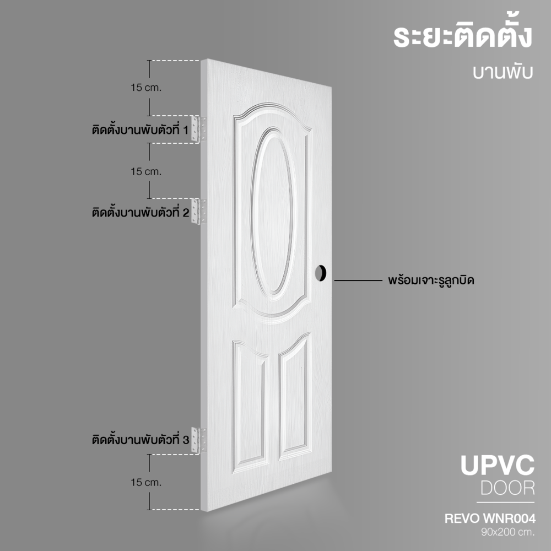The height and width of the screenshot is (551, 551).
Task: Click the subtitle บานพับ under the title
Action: coord(503,72)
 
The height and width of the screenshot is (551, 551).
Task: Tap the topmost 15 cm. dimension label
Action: coord(146,88)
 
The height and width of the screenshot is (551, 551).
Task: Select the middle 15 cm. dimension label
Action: coord(146,171)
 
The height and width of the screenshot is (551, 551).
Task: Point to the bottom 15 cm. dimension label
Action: coord(146,483)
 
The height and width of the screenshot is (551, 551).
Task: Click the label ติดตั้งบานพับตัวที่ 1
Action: coord(140,129)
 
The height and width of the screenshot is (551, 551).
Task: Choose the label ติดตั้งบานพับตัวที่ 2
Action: coord(141,212)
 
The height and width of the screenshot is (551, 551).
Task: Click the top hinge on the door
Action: coord(198,129)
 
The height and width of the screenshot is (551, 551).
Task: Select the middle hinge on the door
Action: coord(198,211)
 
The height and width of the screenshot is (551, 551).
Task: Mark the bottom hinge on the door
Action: coord(198,440)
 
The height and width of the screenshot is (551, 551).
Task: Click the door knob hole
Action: coord(321,273)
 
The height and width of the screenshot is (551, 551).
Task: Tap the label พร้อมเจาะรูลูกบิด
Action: coord(431,280)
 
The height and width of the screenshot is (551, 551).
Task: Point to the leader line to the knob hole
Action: coord(358,280)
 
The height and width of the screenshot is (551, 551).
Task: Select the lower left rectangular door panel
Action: coord(250,407)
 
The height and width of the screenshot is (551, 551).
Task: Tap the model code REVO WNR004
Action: coord(490,518)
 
